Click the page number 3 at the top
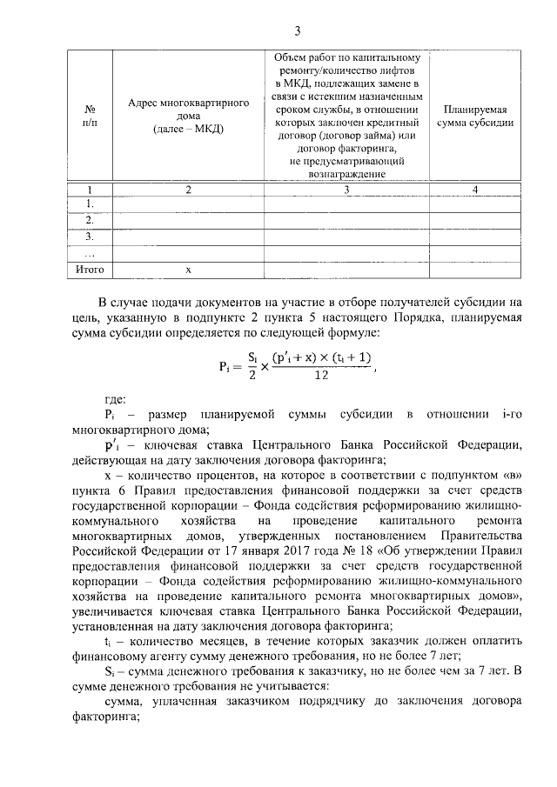tap(296, 32)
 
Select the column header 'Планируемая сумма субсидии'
tap(478, 117)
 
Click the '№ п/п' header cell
tap(90, 117)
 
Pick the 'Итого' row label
tap(90, 270)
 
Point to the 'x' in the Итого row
tap(188, 270)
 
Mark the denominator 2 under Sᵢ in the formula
tap(252, 375)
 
